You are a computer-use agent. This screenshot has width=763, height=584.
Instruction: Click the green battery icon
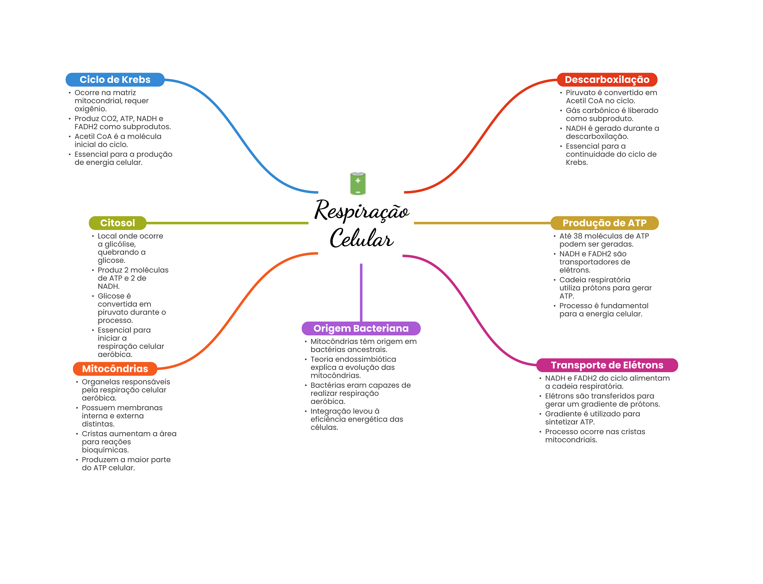tap(358, 184)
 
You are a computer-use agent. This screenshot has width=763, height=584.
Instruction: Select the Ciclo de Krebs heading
tap(115, 80)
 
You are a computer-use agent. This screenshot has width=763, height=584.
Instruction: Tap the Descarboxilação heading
tap(607, 80)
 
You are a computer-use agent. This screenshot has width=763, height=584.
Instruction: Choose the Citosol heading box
tap(117, 223)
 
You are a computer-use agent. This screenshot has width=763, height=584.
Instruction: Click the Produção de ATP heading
tap(604, 223)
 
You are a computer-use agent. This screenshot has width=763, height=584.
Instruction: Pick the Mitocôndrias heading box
tap(115, 369)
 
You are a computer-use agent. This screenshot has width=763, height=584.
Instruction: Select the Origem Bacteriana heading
tap(361, 328)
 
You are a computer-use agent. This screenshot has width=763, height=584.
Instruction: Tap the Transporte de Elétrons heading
tap(607, 365)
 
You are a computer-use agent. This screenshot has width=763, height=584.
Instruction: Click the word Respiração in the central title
tap(361, 211)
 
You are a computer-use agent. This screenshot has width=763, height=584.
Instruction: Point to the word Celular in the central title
tap(361, 238)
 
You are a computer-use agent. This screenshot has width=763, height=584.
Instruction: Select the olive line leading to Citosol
tap(227, 223)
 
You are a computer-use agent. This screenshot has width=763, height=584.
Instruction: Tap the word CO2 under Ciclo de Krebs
tap(109, 119)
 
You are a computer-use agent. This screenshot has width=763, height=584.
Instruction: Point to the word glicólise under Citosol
tap(120, 244)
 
